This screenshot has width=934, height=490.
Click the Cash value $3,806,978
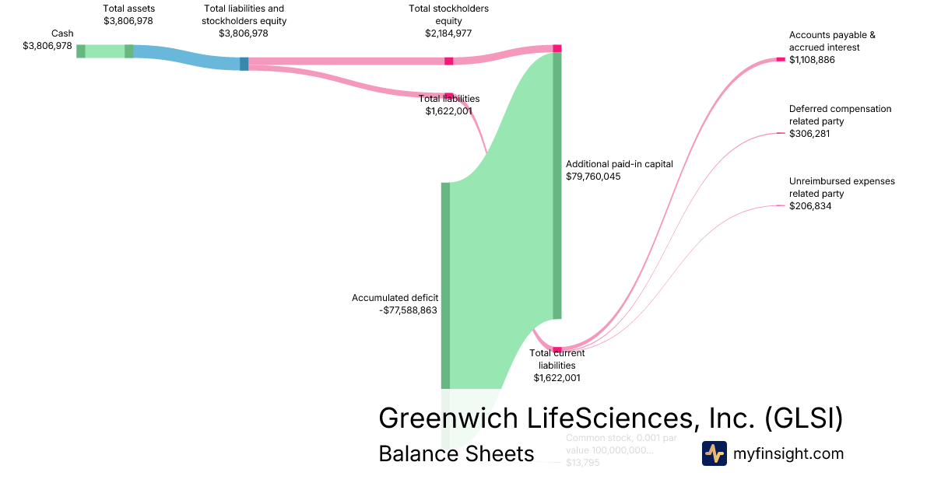[x=47, y=46]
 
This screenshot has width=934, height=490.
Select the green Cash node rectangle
[x=81, y=51]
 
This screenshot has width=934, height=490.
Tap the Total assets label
[x=128, y=9]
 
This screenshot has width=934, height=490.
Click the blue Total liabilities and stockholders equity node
[x=244, y=64]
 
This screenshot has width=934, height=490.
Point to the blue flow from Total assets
[x=187, y=57]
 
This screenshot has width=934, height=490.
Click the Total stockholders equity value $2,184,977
[x=448, y=33]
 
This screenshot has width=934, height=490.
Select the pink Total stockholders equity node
[x=449, y=61]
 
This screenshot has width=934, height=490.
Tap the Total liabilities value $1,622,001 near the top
[x=448, y=111]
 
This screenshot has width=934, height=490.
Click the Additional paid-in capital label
[x=619, y=164]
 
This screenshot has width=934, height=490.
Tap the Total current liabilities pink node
[x=557, y=350]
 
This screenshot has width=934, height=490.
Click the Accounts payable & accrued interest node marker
[x=781, y=59]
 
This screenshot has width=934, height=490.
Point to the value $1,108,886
[x=812, y=60]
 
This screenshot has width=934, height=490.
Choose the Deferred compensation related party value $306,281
[x=809, y=134]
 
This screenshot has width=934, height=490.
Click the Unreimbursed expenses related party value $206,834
[x=810, y=206]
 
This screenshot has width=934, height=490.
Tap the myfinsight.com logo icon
[x=714, y=453]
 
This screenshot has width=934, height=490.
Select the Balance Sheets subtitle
[x=456, y=453]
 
